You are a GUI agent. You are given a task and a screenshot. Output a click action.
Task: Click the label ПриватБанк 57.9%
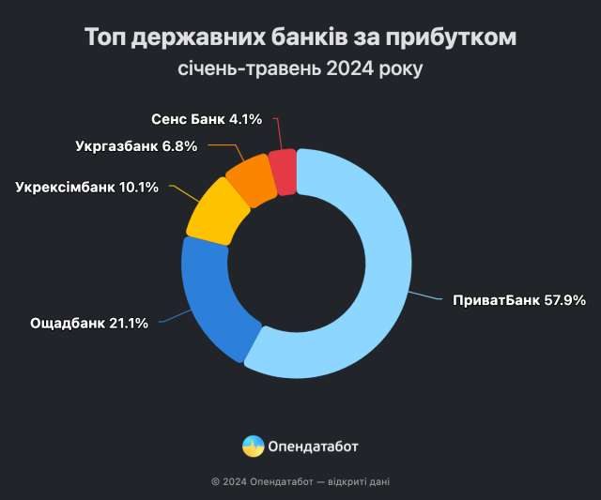[518, 301]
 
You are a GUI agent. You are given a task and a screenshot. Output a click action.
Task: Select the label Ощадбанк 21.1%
[89, 324]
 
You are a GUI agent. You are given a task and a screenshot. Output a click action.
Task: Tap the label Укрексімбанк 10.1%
[89, 187]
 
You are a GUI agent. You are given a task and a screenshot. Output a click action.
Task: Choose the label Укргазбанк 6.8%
[135, 146]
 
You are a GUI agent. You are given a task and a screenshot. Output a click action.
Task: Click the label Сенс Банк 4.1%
[208, 120]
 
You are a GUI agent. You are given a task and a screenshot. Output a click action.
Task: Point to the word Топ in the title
[105, 38]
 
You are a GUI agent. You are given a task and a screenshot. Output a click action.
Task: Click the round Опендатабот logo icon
[253, 446]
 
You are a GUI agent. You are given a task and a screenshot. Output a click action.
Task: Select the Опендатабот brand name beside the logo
[314, 447]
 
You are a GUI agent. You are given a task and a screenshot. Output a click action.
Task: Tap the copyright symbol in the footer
[216, 482]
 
